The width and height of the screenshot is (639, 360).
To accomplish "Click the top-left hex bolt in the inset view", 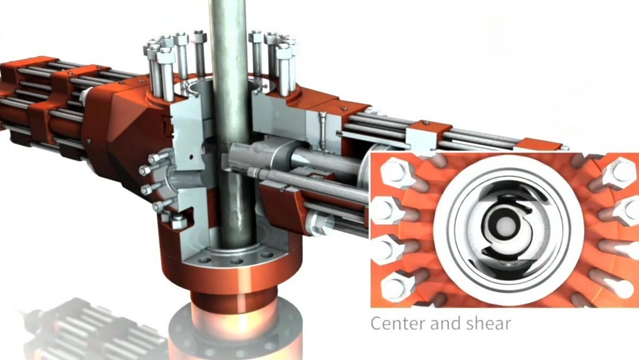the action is click(x=395, y=171).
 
